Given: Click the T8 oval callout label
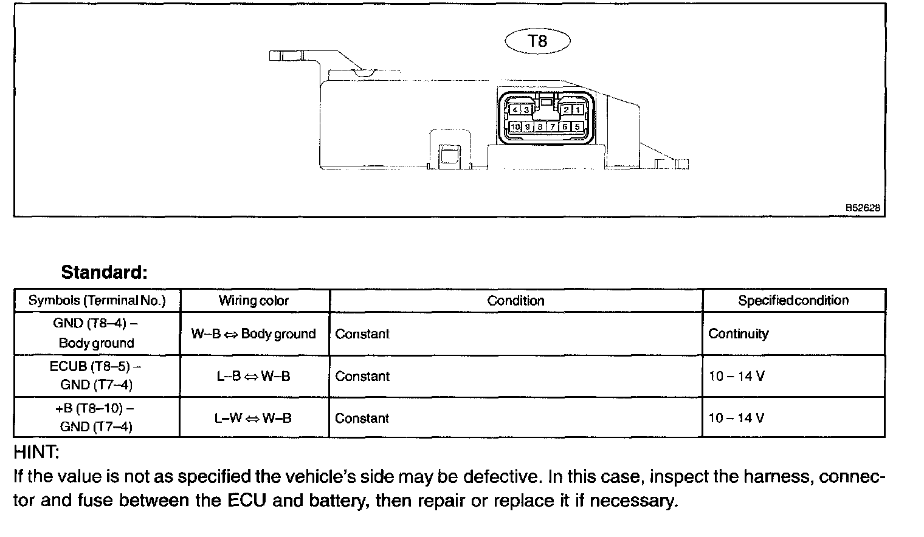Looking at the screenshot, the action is (x=538, y=41).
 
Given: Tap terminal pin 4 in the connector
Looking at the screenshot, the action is (x=515, y=110).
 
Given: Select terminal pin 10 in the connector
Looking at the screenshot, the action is (x=515, y=127).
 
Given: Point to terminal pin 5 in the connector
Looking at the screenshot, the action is (x=577, y=127).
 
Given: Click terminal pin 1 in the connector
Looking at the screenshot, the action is (x=577, y=110).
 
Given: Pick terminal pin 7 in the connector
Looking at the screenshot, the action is (x=553, y=127).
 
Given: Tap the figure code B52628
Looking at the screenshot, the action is (x=863, y=208).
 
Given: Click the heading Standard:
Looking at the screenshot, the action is (x=104, y=272).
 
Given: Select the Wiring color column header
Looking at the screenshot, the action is (x=253, y=301).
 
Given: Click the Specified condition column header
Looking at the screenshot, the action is (x=793, y=300).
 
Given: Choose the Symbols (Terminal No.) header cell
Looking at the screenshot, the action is (x=97, y=301).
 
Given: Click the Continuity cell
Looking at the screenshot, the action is (x=738, y=333).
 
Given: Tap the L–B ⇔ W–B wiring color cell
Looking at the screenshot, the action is (x=253, y=376).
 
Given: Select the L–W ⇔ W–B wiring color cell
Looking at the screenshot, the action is (x=253, y=418).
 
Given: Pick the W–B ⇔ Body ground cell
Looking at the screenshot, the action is (x=253, y=333).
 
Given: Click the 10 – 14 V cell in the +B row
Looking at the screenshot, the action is (x=736, y=418).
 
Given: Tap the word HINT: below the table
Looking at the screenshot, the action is (x=36, y=453).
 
